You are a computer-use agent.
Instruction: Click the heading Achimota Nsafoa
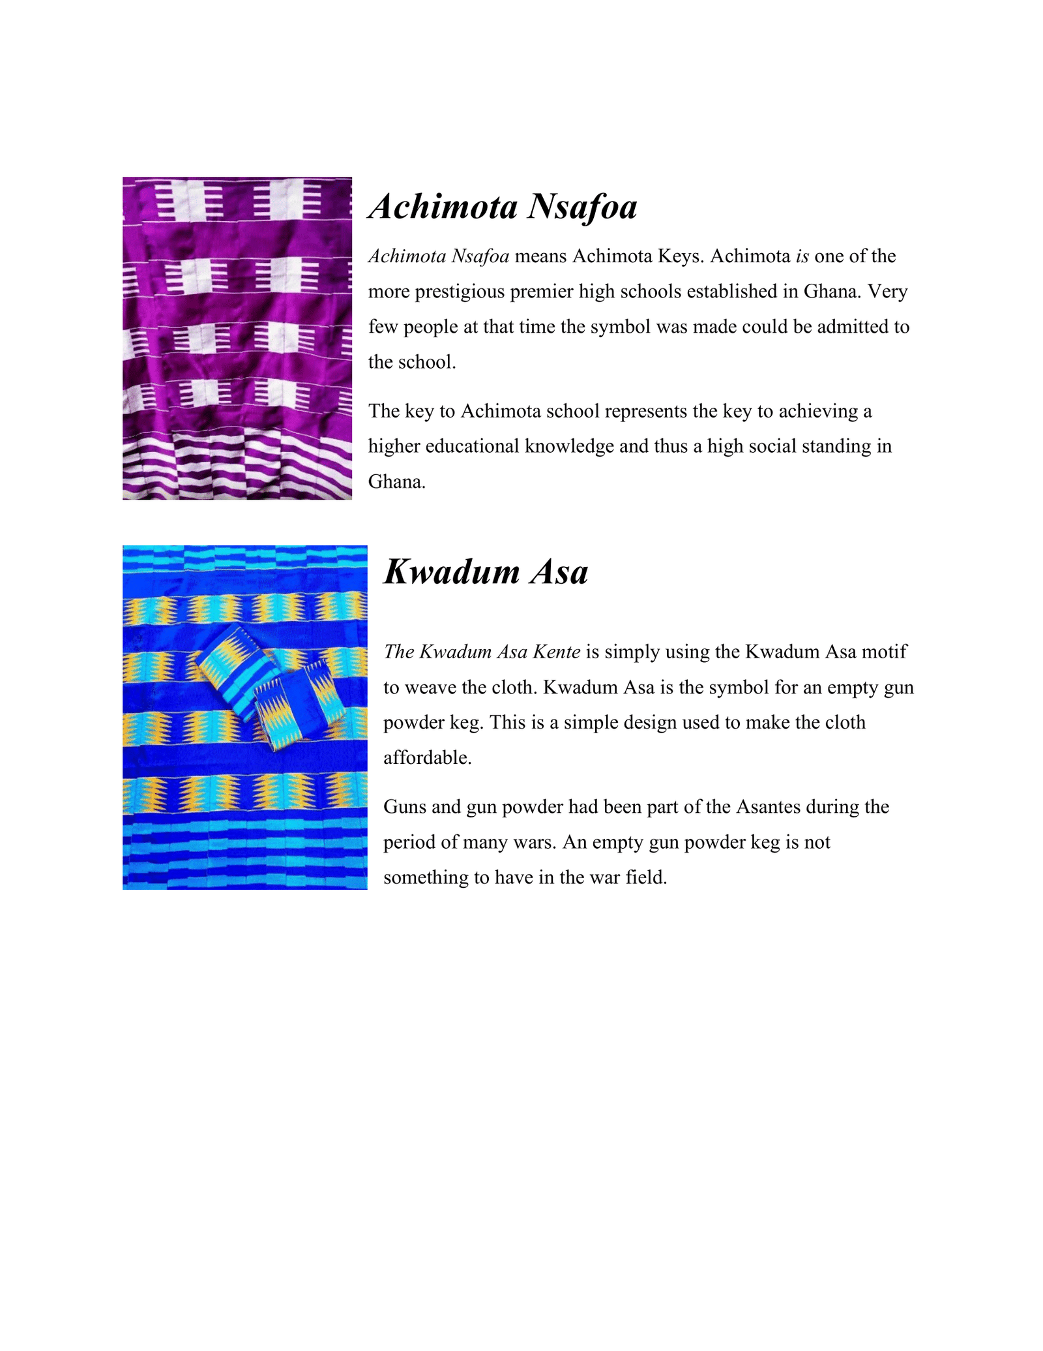tap(503, 207)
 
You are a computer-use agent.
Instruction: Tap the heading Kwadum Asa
tap(486, 572)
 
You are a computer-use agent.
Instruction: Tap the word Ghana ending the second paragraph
tap(396, 482)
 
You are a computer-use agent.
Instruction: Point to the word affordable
tap(427, 758)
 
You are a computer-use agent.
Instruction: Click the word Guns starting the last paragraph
tap(405, 808)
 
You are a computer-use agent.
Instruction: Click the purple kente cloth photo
tap(237, 338)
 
